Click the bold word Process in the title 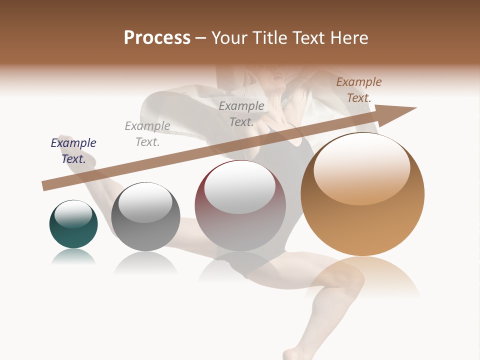tap(157, 37)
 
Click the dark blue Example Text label tap(73, 151)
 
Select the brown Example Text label tap(359, 90)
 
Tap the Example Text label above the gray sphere tap(147, 134)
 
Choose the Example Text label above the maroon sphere tap(241, 114)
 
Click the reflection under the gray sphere tap(145, 262)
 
